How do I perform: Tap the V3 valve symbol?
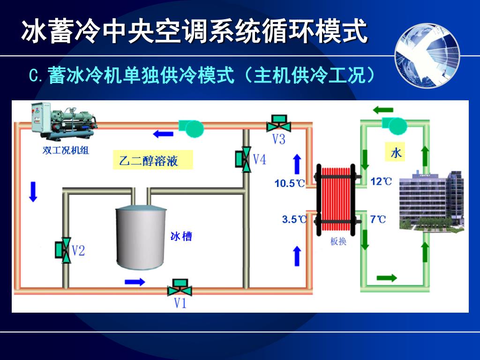click(x=279, y=124)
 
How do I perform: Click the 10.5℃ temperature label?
click(x=289, y=183)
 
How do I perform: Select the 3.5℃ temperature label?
click(x=294, y=219)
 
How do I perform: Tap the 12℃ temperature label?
click(x=381, y=181)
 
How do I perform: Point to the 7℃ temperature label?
click(x=378, y=218)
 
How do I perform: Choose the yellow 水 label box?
click(x=396, y=153)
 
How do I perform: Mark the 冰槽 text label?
click(x=181, y=236)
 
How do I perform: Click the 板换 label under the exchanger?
click(x=338, y=241)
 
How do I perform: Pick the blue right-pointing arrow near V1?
click(x=135, y=282)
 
